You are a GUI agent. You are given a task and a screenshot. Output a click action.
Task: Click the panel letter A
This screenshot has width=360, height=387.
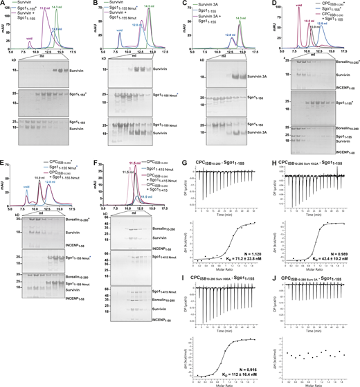[x=3, y=4]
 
